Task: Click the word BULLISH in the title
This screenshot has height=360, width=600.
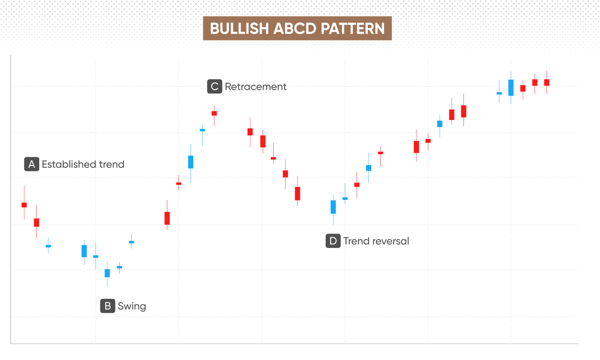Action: pyautogui.click(x=239, y=28)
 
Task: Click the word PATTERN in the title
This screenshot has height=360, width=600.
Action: pyautogui.click(x=352, y=28)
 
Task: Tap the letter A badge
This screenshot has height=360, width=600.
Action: pyautogui.click(x=32, y=164)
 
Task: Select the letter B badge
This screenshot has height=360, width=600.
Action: pyautogui.click(x=108, y=306)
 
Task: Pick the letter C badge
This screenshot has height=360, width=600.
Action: pyautogui.click(x=214, y=86)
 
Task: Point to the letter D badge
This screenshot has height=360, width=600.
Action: pyautogui.click(x=333, y=241)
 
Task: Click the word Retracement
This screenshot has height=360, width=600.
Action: pyautogui.click(x=256, y=86)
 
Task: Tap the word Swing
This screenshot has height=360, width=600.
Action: pyautogui.click(x=132, y=306)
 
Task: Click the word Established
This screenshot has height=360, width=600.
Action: pyautogui.click(x=69, y=164)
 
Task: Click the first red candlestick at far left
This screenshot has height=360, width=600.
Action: pyautogui.click(x=24, y=203)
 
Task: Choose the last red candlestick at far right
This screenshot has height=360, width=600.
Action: pyautogui.click(x=547, y=82)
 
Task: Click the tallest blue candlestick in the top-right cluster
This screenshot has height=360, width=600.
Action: pyautogui.click(x=511, y=88)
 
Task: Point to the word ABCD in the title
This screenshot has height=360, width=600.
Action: pyautogui.click(x=295, y=28)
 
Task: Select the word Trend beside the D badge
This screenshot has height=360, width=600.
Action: pyautogui.click(x=356, y=241)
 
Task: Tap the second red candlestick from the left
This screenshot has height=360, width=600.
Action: pyautogui.click(x=36, y=222)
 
